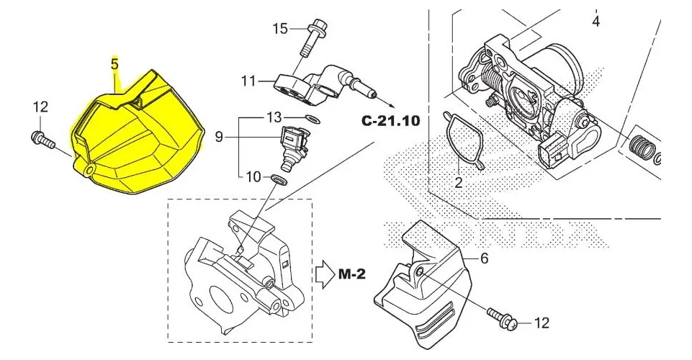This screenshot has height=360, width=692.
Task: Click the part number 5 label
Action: [114, 64]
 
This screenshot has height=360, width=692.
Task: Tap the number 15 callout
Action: [280, 29]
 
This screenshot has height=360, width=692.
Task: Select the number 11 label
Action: [248, 81]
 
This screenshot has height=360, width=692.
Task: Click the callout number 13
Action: [274, 117]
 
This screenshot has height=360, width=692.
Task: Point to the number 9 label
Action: [219, 138]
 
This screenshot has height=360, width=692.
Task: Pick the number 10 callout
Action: [253, 177]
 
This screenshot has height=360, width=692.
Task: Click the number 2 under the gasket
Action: [459, 181]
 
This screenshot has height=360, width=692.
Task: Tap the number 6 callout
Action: [484, 258]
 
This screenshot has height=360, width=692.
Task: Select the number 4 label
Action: [596, 21]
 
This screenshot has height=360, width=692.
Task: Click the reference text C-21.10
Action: [390, 120]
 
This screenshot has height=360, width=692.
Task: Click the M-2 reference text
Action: [352, 274]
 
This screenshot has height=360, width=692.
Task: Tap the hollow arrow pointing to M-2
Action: [325, 274]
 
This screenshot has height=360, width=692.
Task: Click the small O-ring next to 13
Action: [313, 119]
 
